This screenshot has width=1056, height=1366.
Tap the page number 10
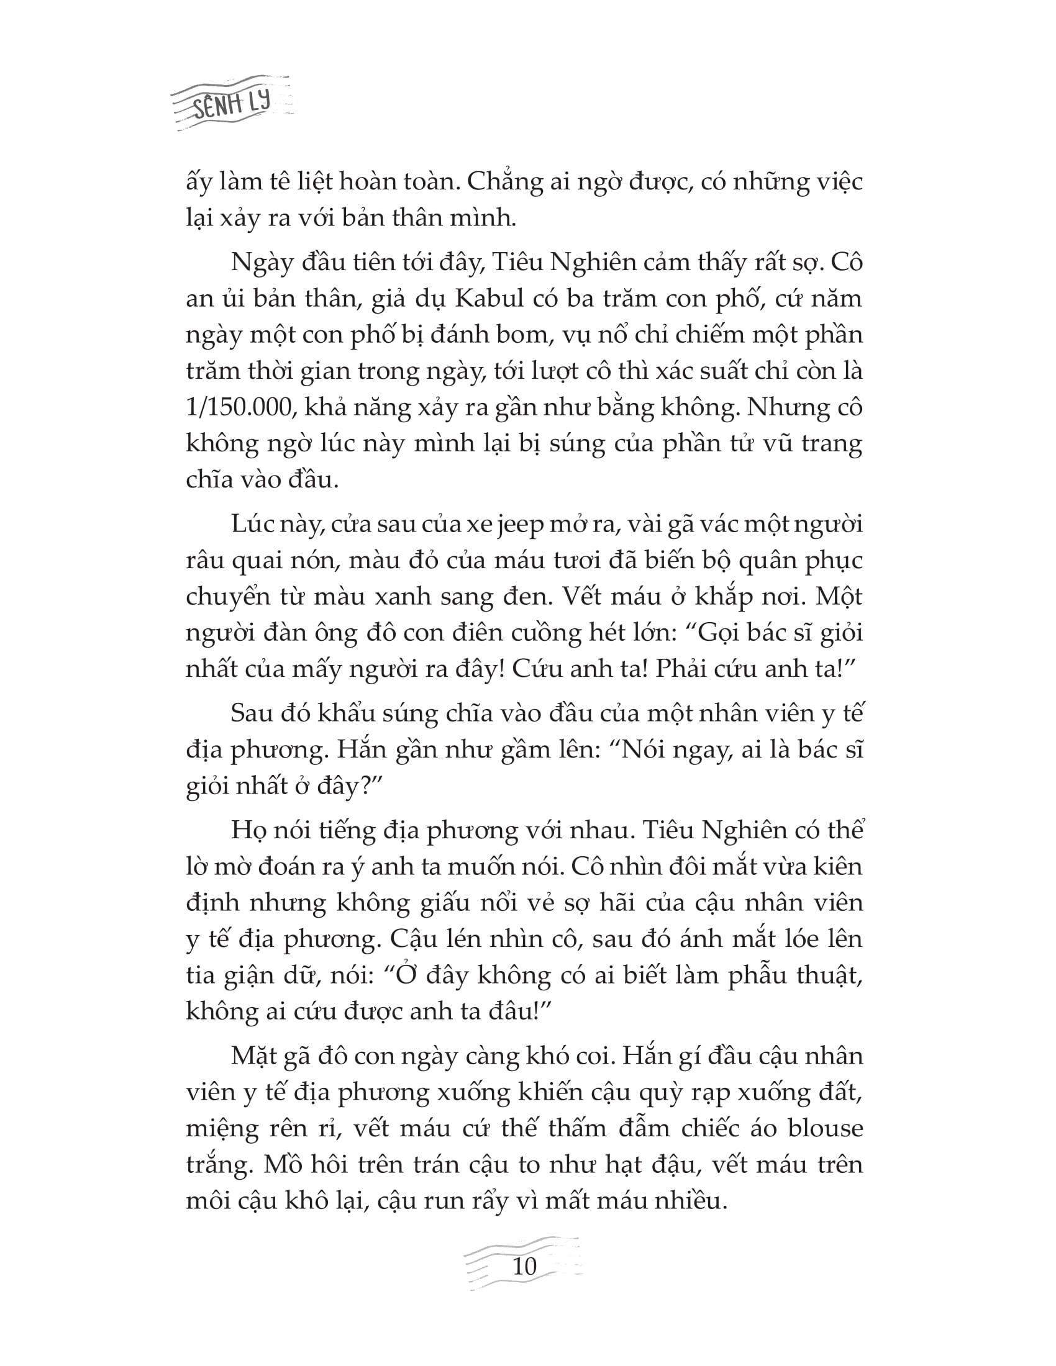click(524, 1266)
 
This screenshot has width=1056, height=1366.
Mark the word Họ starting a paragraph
click(248, 830)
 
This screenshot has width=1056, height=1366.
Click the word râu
click(204, 560)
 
